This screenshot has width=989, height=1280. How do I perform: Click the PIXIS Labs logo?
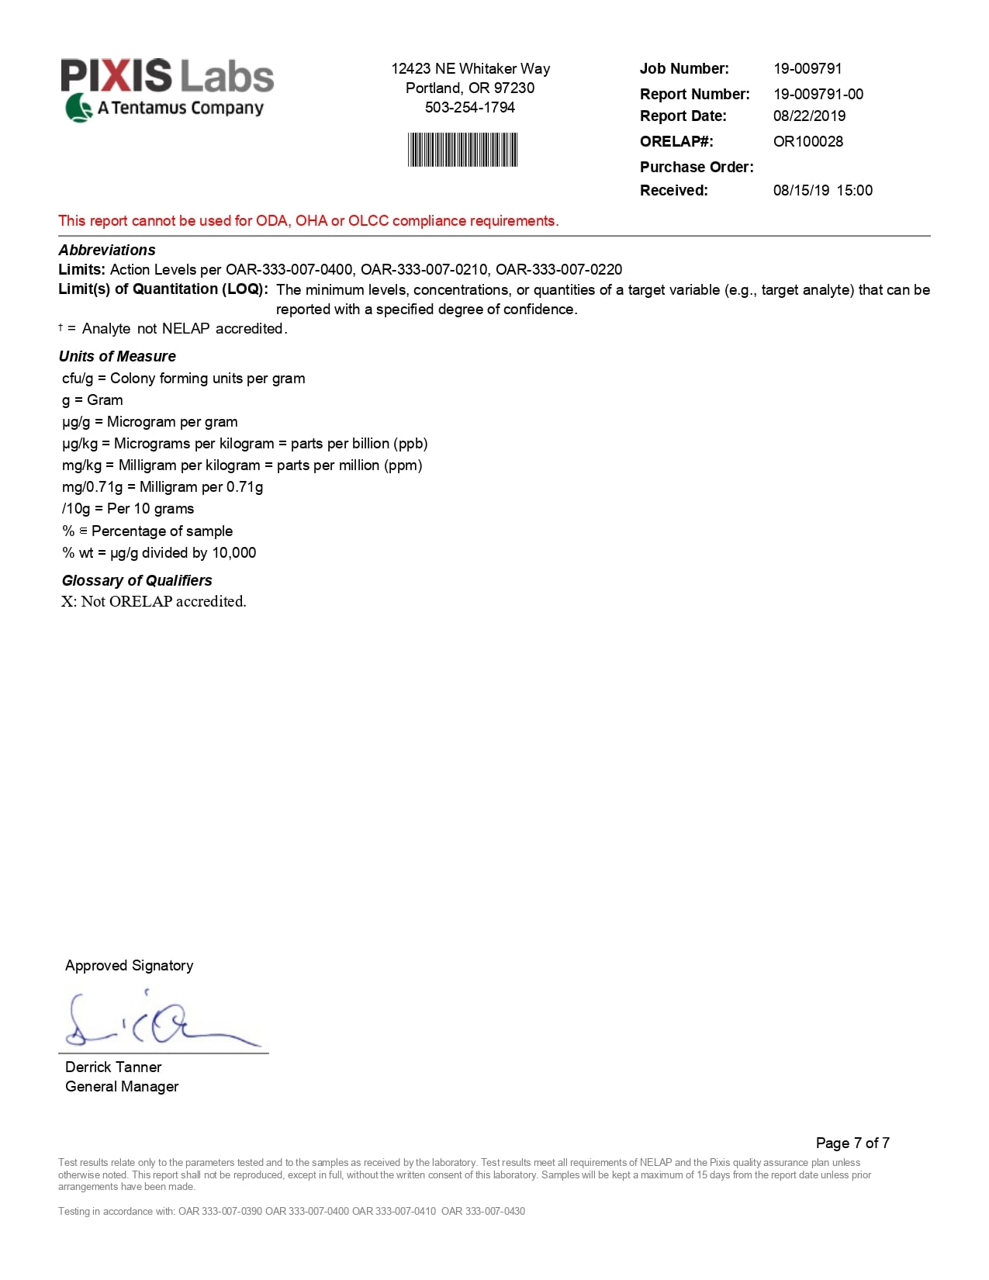[x=167, y=89]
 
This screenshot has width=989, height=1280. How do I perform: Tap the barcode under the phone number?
[x=462, y=150]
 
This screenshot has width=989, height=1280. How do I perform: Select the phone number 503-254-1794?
[x=470, y=108]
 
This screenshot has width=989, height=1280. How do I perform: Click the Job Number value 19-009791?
[x=807, y=69]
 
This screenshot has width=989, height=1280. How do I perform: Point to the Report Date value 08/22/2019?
[x=809, y=116]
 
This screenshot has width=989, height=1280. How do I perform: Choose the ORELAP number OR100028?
[x=807, y=142]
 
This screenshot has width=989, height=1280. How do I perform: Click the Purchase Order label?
[x=697, y=168]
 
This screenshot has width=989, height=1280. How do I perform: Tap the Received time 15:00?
[x=854, y=191]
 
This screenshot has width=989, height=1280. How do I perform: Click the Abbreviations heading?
[x=107, y=251]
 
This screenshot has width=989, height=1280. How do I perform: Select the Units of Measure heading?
[x=117, y=357]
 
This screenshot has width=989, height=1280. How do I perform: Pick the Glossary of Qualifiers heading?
[x=137, y=581]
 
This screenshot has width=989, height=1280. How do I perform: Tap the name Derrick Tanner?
[x=113, y=1067]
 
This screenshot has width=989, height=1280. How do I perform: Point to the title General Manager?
[x=122, y=1087]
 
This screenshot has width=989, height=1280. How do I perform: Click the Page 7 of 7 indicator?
[x=852, y=1143]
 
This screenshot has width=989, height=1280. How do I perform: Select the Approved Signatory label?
[x=129, y=966]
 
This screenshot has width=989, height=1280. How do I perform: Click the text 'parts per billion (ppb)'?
[x=359, y=444]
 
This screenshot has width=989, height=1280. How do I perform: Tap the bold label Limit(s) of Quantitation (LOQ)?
[x=163, y=289]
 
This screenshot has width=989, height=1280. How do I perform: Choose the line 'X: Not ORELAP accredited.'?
[x=154, y=602]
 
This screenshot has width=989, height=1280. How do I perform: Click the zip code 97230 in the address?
[x=514, y=88]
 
